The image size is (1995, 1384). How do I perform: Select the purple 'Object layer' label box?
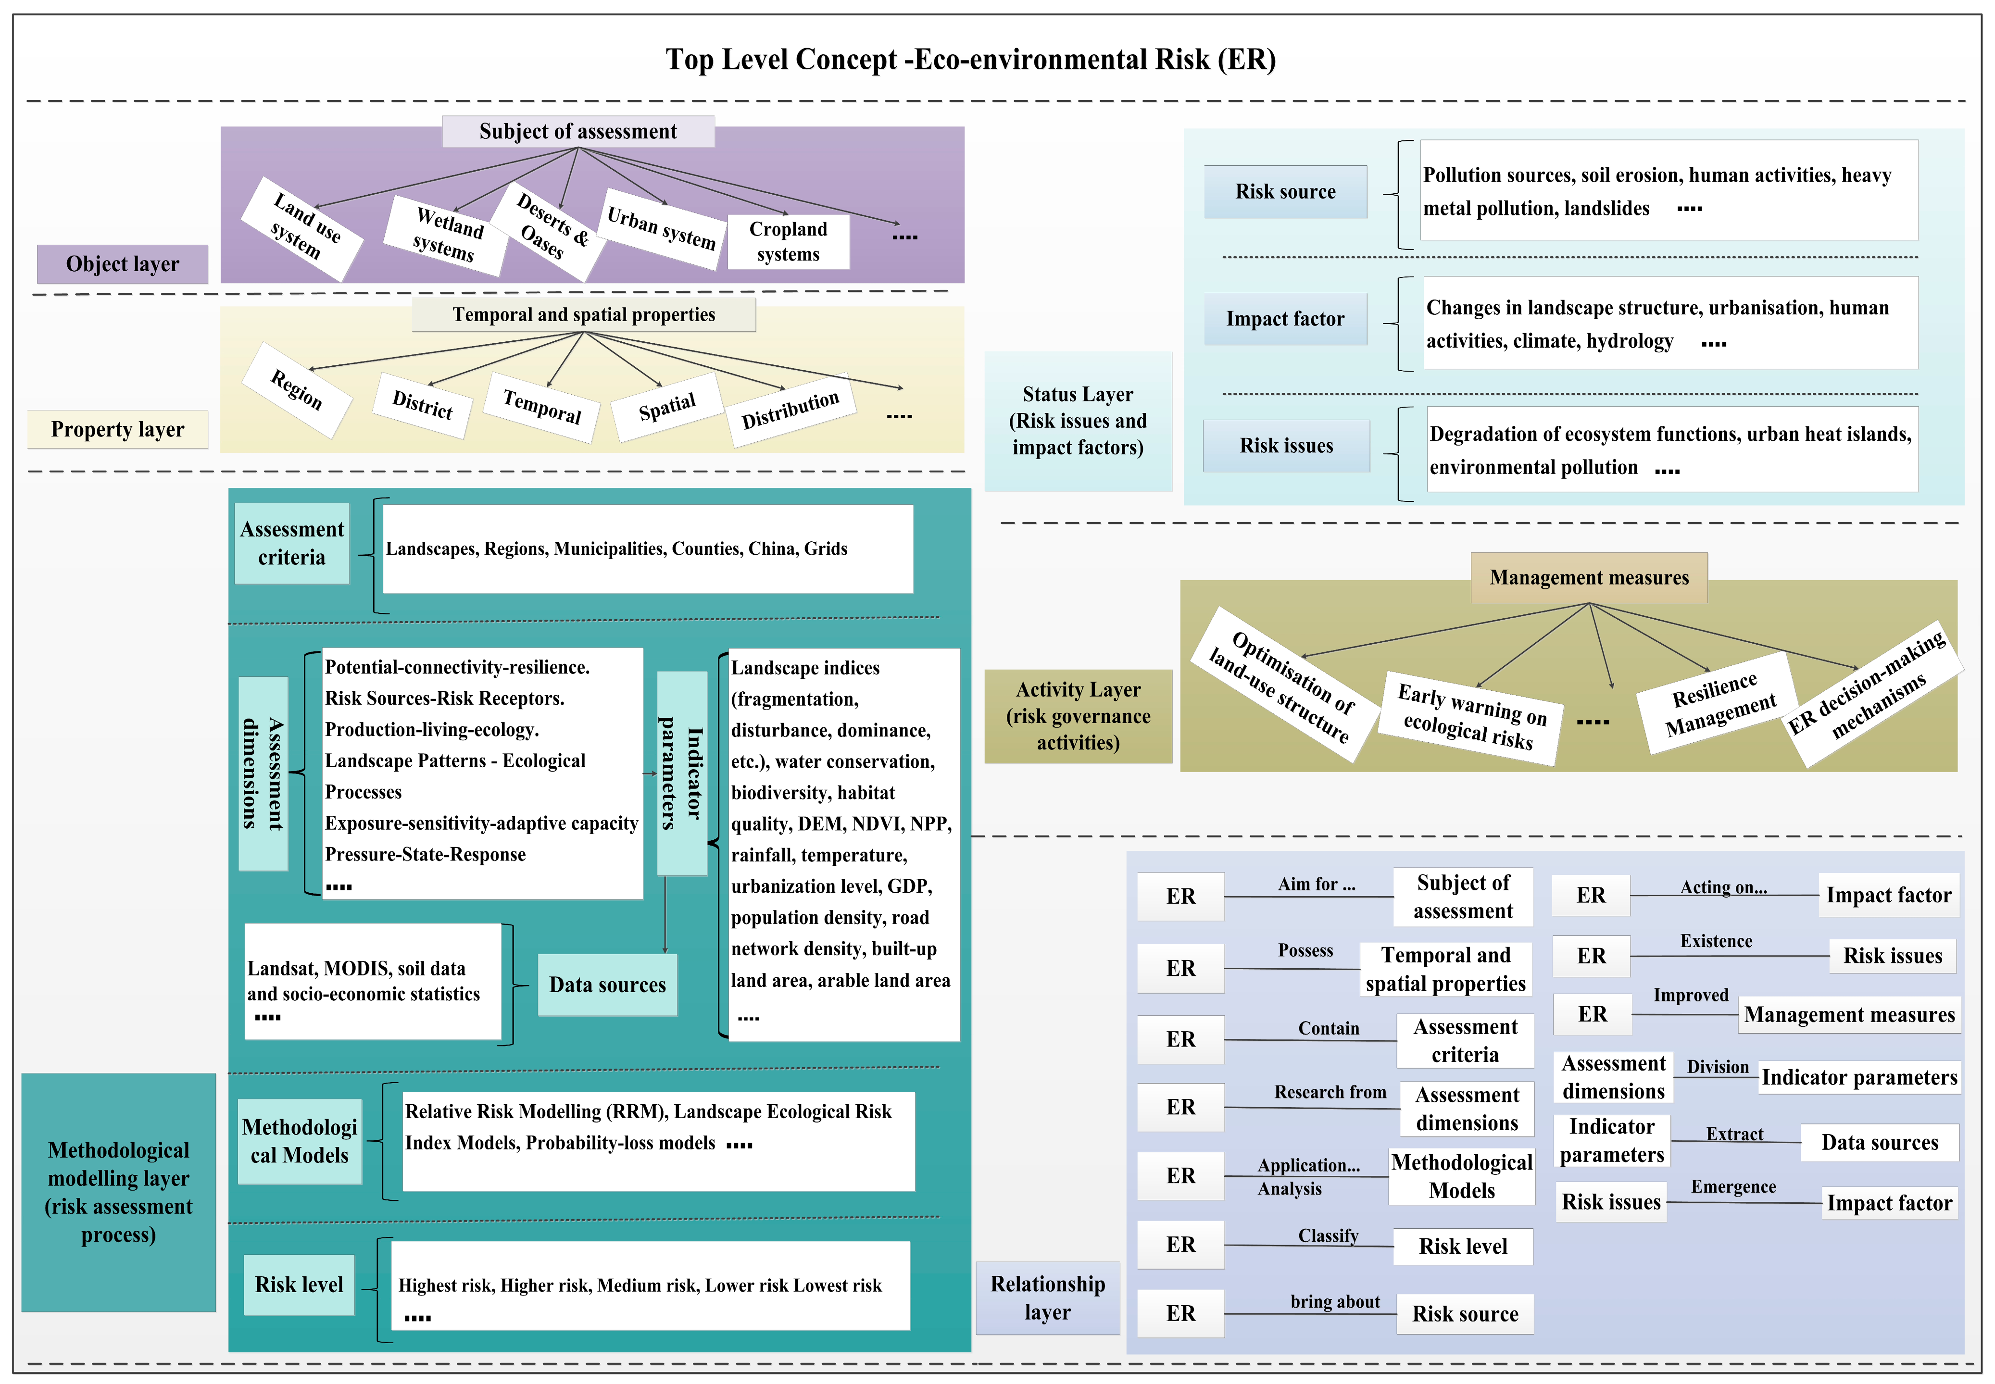coord(122,263)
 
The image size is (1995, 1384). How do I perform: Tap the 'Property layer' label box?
coord(118,429)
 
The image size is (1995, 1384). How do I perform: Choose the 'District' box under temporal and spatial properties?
coord(423,404)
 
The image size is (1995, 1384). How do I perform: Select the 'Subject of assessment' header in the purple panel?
coord(577,131)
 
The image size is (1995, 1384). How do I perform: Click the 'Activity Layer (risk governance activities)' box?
coord(1077,716)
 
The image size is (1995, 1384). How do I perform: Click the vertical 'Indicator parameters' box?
coord(682,773)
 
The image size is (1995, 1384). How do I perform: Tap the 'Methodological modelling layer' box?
coord(119,1192)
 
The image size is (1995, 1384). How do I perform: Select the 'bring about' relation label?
coord(1334,1302)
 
